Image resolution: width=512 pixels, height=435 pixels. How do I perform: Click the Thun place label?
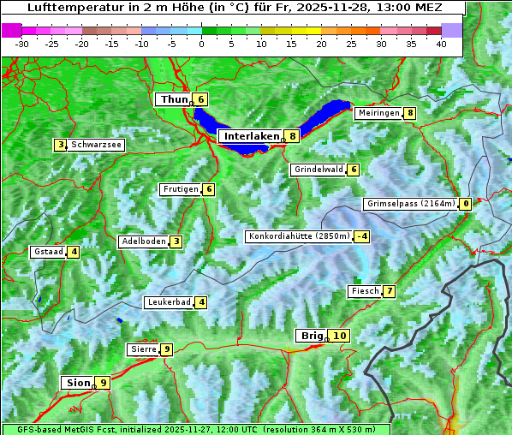point(173,99)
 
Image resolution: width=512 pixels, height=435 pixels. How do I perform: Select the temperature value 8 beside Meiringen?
point(410,113)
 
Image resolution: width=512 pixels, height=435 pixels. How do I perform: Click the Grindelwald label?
point(318,170)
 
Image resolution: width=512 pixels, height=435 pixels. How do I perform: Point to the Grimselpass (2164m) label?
point(410,204)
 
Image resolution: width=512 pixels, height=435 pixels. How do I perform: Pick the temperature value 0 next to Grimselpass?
point(465,204)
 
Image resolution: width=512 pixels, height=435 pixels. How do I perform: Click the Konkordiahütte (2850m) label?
point(299,236)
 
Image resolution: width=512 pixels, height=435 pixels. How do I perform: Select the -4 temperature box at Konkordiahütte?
point(363,236)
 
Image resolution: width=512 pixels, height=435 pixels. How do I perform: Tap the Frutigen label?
point(180,189)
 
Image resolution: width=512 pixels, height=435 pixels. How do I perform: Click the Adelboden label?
point(143,241)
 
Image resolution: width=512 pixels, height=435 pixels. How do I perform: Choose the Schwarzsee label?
point(96,145)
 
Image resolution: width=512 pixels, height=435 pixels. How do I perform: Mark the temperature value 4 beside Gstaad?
point(74,252)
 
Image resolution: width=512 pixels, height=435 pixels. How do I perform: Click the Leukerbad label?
point(168,302)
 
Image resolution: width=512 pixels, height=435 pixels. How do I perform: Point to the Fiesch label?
point(364,291)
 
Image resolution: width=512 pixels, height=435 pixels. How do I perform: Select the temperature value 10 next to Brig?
point(340,336)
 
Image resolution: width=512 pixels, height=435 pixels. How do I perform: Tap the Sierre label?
point(142,349)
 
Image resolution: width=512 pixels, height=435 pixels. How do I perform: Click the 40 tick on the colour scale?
point(441,44)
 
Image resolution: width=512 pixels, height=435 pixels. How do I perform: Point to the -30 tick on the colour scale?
point(22,44)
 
